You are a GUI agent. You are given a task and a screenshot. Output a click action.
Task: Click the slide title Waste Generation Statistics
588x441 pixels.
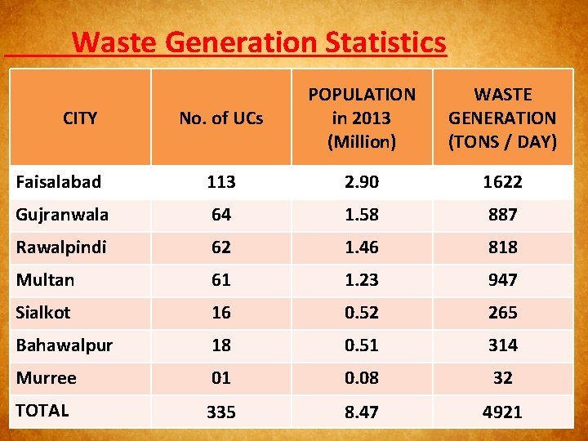click(259, 42)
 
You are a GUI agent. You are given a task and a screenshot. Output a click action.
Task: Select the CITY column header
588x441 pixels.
click(80, 118)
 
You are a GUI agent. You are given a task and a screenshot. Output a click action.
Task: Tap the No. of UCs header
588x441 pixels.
click(221, 118)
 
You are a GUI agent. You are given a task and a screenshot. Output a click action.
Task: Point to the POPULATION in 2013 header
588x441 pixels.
click(361, 118)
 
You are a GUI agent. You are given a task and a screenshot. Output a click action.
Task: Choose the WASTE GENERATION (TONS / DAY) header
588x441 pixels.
click(502, 118)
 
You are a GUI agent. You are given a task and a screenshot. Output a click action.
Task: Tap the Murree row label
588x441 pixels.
click(46, 377)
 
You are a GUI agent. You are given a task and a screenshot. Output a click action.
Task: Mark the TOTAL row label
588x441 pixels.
click(42, 410)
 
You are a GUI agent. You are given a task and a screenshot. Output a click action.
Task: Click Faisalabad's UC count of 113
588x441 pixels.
click(221, 182)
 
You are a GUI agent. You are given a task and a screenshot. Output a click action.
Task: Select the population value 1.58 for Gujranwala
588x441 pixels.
click(361, 215)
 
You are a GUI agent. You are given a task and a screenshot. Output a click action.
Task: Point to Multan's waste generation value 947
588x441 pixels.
click(502, 280)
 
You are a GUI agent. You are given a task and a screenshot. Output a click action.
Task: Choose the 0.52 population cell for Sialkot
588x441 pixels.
click(361, 313)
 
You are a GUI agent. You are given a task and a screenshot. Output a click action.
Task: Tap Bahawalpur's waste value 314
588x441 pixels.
click(502, 345)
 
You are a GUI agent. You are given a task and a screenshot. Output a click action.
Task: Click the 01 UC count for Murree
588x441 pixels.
click(221, 378)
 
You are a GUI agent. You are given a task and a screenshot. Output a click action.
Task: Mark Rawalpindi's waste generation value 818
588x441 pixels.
click(502, 247)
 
